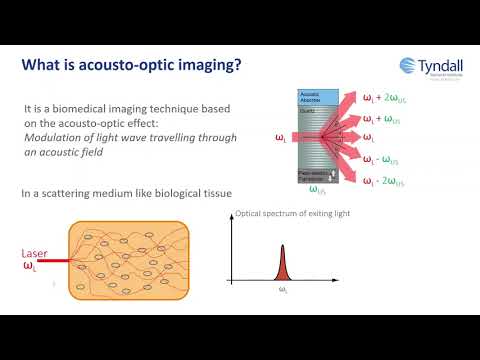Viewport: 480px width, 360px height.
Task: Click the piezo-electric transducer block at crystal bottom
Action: click(x=313, y=176)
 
